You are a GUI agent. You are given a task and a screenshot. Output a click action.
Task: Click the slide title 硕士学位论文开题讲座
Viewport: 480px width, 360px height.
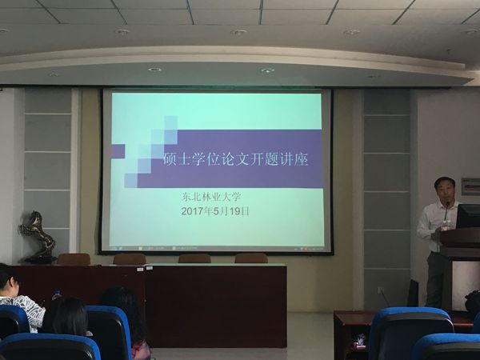tap(235, 159)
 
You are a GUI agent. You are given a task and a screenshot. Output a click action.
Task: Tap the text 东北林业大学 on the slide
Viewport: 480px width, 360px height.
tap(211, 197)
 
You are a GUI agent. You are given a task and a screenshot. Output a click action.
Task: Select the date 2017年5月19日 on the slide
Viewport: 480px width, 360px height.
tap(215, 211)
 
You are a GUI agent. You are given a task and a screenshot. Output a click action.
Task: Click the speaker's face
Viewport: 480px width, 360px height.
tap(445, 190)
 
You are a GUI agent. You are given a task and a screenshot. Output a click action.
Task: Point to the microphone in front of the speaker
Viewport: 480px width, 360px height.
tap(446, 211)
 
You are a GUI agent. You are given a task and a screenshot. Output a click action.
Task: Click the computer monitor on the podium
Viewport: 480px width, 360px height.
tap(468, 216)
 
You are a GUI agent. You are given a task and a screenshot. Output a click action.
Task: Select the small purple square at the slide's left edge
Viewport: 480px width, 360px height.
tap(118, 151)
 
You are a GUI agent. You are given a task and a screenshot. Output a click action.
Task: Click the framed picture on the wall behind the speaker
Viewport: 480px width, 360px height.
tap(471, 186)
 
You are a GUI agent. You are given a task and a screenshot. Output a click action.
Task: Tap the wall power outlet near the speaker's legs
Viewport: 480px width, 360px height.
tap(381, 290)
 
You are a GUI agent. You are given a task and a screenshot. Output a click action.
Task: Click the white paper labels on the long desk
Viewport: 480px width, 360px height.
tap(145, 269)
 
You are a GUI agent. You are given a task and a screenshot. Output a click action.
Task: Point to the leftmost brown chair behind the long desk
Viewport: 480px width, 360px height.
tap(74, 259)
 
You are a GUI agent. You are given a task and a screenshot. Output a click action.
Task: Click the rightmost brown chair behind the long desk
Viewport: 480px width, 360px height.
tap(251, 258)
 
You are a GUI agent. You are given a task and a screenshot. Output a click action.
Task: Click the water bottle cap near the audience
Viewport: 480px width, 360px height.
tap(57, 292)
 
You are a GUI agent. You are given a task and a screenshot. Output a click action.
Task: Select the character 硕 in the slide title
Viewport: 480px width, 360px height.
tap(169, 159)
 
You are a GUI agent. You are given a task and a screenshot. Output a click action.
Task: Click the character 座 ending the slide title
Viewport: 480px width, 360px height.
tap(302, 159)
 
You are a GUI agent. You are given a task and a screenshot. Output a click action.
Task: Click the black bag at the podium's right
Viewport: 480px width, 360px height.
tap(473, 302)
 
